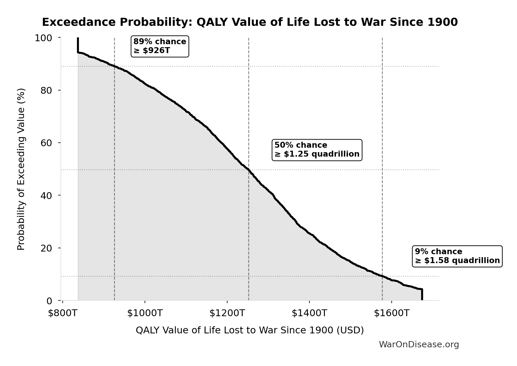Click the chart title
(250, 22)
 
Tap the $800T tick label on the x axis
(63, 313)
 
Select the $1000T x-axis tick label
(145, 313)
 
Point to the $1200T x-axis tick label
(227, 313)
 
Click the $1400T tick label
(309, 313)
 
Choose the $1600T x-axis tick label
(392, 313)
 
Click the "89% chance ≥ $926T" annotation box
(160, 46)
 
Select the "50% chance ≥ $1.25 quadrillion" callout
(317, 150)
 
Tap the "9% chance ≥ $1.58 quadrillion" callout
(457, 256)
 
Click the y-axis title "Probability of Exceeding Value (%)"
(21, 169)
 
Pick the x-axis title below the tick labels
(250, 330)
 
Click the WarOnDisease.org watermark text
(419, 345)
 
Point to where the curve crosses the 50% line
(249, 170)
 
